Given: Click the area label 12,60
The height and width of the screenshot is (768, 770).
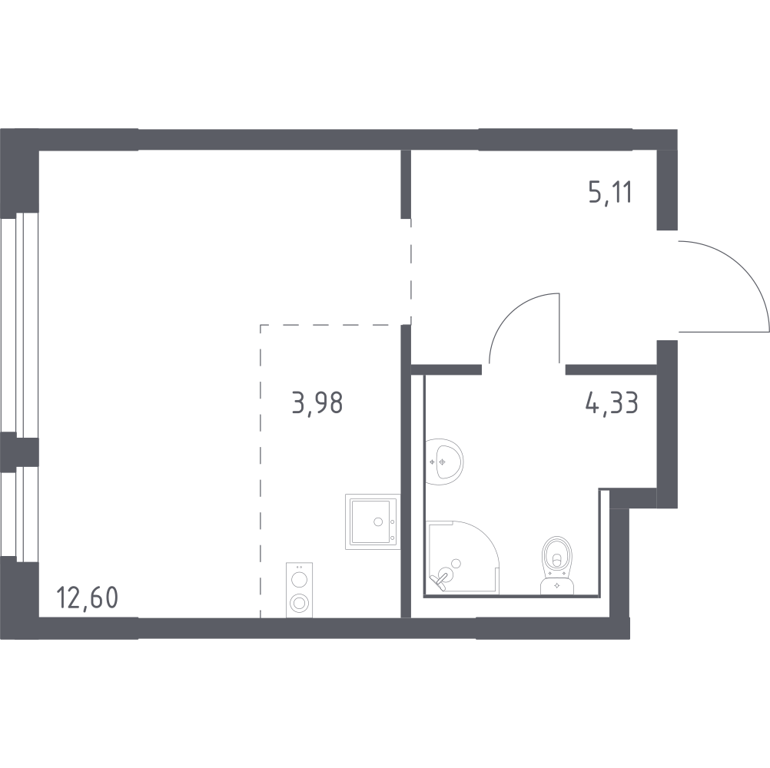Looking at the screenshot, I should (88, 597).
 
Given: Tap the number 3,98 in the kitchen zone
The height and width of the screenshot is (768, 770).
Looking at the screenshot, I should (317, 402).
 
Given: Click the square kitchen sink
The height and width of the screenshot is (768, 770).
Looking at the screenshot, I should (372, 520).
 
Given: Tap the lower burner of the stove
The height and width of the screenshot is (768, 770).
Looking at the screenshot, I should (299, 603).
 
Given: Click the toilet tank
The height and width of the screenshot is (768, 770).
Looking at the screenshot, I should (557, 585).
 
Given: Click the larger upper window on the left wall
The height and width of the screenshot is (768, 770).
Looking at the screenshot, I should (19, 322).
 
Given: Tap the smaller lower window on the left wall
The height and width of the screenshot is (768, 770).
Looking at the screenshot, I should (19, 515).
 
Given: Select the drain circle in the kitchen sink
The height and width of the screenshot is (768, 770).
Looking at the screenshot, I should (377, 521).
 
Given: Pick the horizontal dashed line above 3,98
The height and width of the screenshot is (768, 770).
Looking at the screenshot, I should (330, 325).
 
